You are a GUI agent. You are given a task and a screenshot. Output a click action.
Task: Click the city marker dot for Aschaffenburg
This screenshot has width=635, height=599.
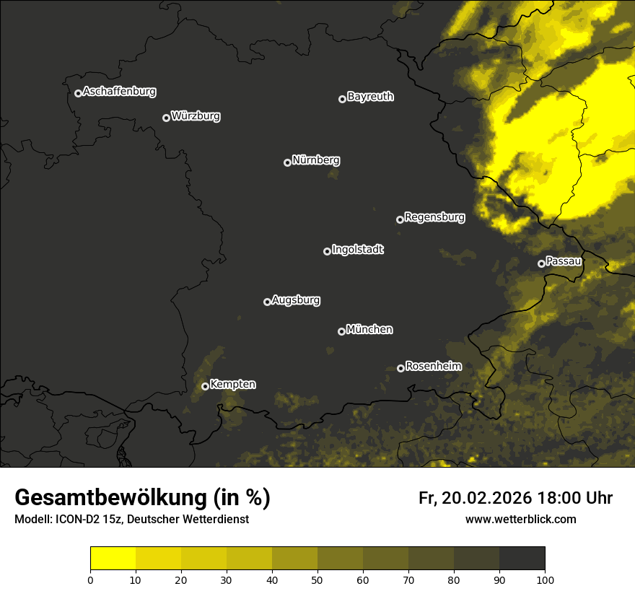pos(78,93)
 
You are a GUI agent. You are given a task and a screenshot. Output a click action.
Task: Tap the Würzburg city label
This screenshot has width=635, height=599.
pos(196,116)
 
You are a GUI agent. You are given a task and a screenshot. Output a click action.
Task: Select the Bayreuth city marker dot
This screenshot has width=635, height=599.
pos(343,99)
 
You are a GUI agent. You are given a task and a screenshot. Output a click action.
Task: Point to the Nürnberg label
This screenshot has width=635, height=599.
pos(315,160)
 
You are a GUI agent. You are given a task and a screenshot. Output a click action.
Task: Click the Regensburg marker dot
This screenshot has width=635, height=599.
pos(400,219)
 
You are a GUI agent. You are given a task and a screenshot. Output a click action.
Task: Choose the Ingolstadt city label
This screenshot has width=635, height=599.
pos(358,250)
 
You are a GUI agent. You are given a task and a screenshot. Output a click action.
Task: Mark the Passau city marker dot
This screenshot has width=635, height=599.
pos(542,263)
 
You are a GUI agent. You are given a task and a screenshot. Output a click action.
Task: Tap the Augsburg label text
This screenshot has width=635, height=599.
pos(296,300)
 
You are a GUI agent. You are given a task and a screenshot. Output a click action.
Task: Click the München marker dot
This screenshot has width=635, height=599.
pos(342,332)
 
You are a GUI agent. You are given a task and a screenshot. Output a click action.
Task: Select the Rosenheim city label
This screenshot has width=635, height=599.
pos(434,367)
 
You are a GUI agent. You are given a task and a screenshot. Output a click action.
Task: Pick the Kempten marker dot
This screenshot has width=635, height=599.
pos(205,386)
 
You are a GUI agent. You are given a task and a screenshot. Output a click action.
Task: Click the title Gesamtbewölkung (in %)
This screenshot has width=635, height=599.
pos(142,498)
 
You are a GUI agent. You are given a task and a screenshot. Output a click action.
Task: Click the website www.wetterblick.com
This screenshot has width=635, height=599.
pos(521,519)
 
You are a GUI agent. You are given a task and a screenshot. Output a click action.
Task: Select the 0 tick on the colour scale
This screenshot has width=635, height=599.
pos(90,580)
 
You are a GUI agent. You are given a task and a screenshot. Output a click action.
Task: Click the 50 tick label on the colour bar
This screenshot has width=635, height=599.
pos(317,580)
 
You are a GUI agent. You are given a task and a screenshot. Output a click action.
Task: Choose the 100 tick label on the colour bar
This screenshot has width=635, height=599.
pos(545,580)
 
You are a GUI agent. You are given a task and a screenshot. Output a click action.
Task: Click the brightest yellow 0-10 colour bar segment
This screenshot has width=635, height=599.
pos(113,559)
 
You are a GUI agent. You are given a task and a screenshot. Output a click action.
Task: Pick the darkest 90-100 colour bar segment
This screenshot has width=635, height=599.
pos(522,559)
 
